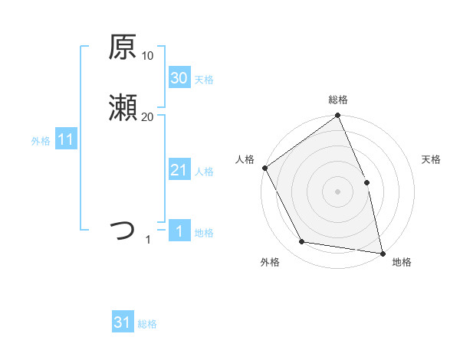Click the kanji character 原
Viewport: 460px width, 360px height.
click(123, 47)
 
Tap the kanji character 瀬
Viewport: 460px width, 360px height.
click(123, 108)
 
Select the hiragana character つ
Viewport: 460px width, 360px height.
click(123, 231)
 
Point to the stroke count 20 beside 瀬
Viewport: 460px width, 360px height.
click(148, 116)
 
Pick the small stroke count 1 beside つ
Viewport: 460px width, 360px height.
click(148, 240)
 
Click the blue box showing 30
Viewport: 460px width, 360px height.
click(179, 78)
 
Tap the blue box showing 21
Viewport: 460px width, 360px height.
click(179, 170)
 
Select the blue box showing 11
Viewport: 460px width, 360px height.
click(65, 139)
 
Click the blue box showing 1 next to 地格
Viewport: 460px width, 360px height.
click(179, 231)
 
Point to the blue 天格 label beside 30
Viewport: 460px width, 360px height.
click(204, 80)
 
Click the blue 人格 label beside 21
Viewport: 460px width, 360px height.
click(204, 172)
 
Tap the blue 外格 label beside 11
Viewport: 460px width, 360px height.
click(41, 141)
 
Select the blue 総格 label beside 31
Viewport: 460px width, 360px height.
click(147, 324)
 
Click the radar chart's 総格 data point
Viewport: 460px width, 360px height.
click(337, 116)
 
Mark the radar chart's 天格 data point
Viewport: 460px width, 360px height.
click(366, 182)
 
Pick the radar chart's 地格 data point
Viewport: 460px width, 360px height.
click(382, 253)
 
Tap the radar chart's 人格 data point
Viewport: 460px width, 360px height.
click(265, 168)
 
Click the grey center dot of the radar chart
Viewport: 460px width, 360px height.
click(337, 191)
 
